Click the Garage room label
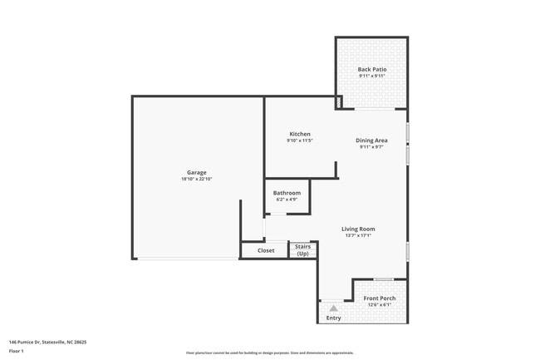197,172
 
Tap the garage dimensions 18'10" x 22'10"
197,180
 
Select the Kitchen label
300,134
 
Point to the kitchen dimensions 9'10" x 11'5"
300,141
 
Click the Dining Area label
371,141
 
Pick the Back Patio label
371,69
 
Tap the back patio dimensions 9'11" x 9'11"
371,76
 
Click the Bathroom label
287,193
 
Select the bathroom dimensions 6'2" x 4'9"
287,200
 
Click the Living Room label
358,229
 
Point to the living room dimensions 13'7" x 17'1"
358,235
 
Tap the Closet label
266,250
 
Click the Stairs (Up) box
302,249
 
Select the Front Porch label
380,298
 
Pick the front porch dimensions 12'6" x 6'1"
380,304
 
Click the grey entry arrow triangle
333,308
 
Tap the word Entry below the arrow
333,318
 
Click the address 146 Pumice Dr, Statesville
47,342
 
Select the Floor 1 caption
17,352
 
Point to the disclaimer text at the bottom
269,353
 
